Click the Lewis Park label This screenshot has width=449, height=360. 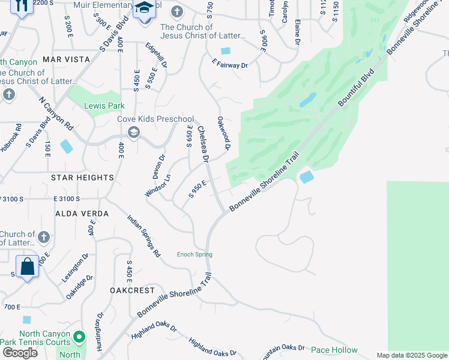point(104,106)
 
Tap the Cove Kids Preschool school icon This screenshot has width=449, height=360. point(133,132)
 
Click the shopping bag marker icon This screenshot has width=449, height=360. point(28,266)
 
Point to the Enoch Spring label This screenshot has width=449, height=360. point(194,254)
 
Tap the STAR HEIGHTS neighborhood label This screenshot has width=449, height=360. point(82,178)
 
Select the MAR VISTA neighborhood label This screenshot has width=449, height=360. point(66,59)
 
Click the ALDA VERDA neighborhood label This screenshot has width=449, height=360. point(82,214)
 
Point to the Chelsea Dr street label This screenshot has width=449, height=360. point(203,145)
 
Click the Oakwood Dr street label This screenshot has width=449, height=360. point(224,133)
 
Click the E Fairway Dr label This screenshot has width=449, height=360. point(229,64)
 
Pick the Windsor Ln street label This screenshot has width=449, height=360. point(158,185)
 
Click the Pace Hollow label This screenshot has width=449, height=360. point(334,350)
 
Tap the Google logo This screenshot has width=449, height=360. point(20,353)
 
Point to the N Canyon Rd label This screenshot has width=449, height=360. point(56,115)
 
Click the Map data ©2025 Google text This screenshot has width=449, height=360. point(411,355)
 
